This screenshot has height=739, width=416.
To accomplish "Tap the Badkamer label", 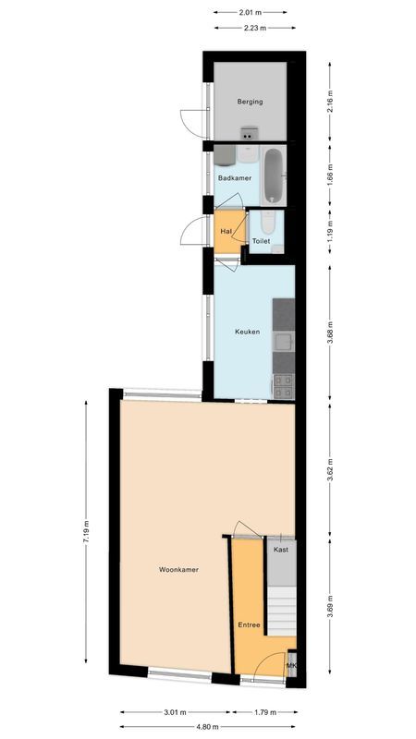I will [x=235, y=177].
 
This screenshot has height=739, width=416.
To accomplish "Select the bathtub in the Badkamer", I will [x=272, y=176].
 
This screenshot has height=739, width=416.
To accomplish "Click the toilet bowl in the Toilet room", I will [x=266, y=224].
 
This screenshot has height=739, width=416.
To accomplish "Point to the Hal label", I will [x=226, y=231].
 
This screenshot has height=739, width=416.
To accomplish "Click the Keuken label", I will [x=246, y=332].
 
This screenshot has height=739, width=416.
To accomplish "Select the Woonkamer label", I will [x=179, y=570].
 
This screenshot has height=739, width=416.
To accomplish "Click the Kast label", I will [x=281, y=550].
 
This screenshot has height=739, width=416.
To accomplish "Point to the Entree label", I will [x=249, y=625].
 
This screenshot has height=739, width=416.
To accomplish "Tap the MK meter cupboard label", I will [x=291, y=666].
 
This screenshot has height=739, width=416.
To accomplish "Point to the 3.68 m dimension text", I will [x=330, y=332].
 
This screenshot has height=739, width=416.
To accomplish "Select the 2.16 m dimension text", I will [x=330, y=101].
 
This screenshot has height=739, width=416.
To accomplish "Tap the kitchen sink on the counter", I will [x=284, y=344].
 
